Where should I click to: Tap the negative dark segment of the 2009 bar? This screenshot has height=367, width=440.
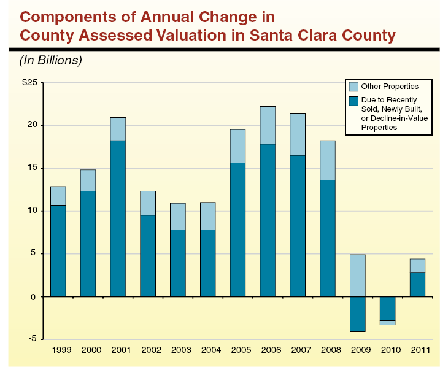pyautogui.click(x=357, y=314)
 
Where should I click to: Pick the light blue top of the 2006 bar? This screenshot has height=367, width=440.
pyautogui.click(x=268, y=125)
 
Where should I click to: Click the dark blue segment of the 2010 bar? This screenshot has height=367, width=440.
pyautogui.click(x=387, y=308)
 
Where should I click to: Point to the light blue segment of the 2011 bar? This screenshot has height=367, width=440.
pyautogui.click(x=417, y=265)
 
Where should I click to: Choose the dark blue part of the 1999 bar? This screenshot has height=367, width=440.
pyautogui.click(x=58, y=250)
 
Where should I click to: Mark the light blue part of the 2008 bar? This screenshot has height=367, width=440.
pyautogui.click(x=328, y=160)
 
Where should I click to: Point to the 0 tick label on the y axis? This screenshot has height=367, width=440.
pyautogui.click(x=35, y=296)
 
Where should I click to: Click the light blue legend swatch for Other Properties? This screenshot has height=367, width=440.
pyautogui.click(x=353, y=87)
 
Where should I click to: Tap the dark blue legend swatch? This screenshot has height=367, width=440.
pyautogui.click(x=353, y=100)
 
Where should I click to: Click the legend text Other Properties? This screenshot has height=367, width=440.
pyautogui.click(x=390, y=87)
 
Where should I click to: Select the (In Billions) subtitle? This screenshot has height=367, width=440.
pyautogui.click(x=50, y=60)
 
